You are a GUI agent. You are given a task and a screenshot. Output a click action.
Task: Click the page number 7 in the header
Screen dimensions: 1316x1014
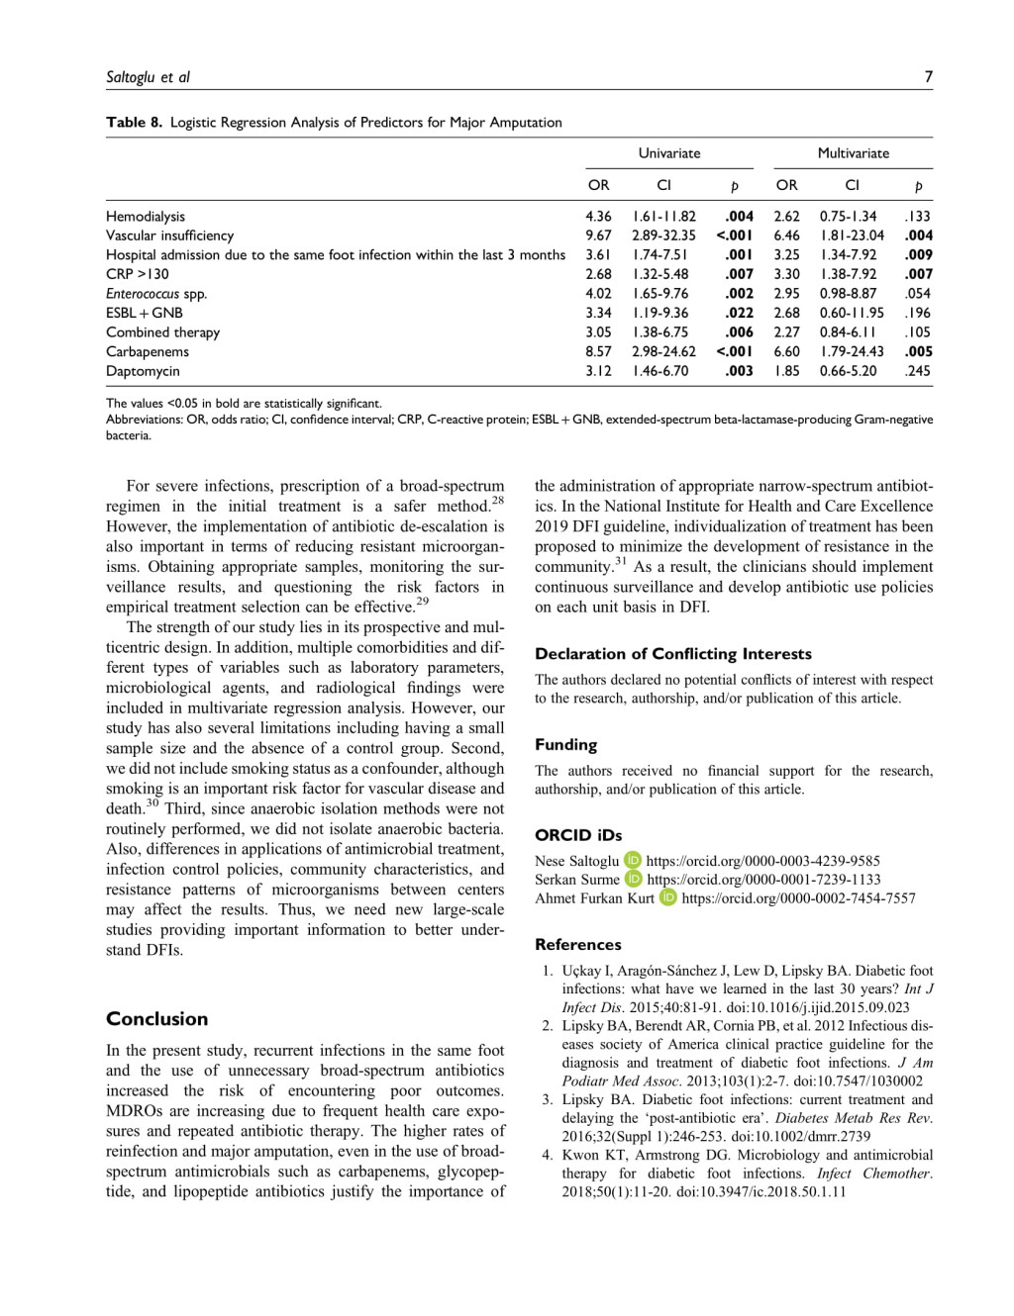[x=928, y=77]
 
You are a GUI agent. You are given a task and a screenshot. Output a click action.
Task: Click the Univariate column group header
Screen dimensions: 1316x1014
[x=668, y=153]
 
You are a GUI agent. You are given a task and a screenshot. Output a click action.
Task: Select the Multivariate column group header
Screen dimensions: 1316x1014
[x=853, y=153]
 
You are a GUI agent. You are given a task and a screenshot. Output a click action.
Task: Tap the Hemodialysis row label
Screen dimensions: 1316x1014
[x=146, y=217]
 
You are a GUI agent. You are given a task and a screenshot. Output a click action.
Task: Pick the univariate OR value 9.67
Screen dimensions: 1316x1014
[x=598, y=235]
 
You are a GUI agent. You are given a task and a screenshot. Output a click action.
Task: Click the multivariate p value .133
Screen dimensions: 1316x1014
[x=918, y=217]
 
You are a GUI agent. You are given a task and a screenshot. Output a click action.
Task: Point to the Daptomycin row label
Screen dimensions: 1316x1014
[x=143, y=371]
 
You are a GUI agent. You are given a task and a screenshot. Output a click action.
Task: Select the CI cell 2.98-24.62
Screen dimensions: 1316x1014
[x=663, y=351]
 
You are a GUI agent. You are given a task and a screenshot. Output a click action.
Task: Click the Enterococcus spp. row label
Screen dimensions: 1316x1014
[x=156, y=294]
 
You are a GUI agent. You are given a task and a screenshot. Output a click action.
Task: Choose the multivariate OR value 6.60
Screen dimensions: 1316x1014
[x=786, y=351]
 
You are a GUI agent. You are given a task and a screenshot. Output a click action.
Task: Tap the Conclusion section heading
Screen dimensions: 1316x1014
[x=157, y=1019]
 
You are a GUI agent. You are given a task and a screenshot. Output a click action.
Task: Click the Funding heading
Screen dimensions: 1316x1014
[x=565, y=745]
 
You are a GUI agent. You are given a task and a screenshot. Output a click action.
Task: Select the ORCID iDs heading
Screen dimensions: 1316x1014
[x=578, y=835]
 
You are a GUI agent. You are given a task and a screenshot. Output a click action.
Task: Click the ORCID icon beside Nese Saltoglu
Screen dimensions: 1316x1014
[x=633, y=861]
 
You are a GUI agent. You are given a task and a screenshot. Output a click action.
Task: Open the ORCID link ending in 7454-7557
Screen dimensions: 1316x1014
[x=798, y=898]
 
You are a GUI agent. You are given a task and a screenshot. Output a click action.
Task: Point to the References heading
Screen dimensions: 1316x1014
[x=578, y=945]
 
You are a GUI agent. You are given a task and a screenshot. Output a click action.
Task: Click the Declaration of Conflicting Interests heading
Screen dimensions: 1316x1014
[x=673, y=654]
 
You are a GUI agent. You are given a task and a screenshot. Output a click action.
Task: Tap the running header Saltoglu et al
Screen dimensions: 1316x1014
[x=149, y=77]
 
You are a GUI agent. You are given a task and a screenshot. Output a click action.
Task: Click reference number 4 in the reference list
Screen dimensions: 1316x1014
[x=548, y=1155]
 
